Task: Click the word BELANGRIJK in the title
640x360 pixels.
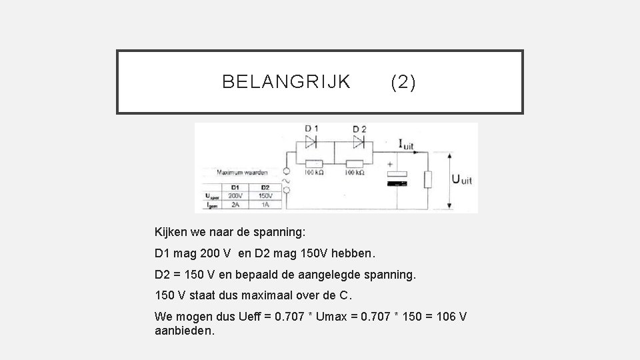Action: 286,82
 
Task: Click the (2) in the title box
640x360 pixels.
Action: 403,82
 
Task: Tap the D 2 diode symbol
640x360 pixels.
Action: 359,141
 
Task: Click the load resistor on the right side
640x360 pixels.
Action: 428,179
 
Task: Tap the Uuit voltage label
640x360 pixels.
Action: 462,179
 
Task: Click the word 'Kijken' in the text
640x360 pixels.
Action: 171,233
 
